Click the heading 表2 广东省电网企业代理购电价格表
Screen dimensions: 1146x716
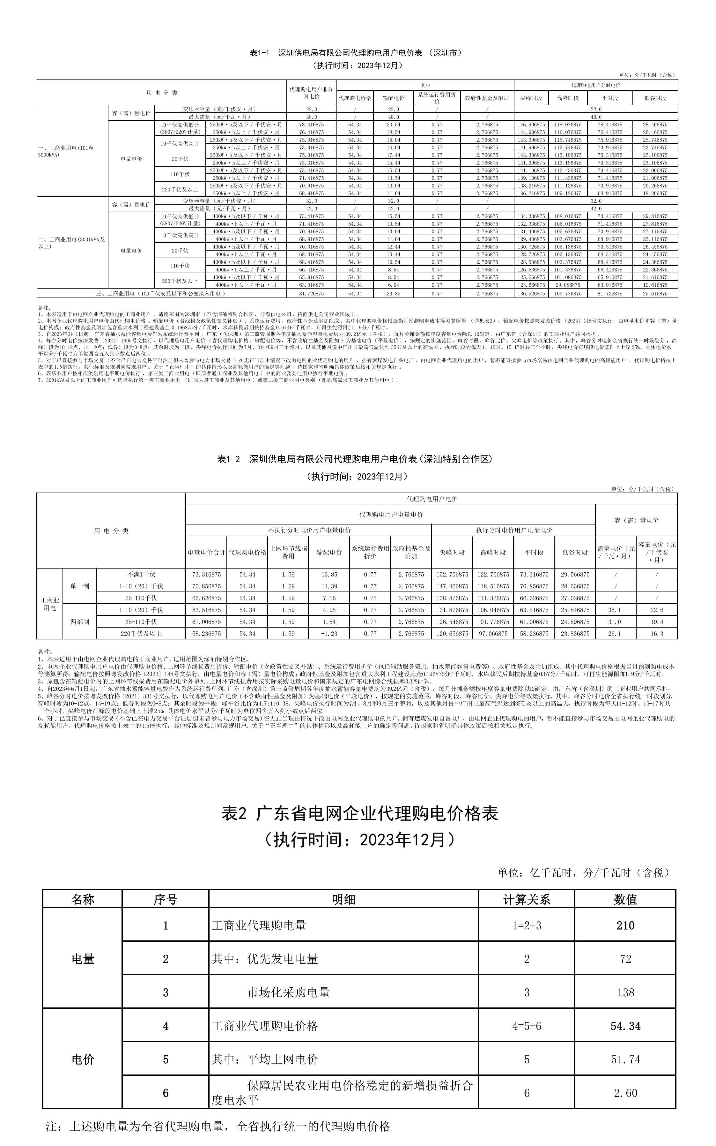click(x=359, y=814)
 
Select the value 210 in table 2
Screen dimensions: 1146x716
click(x=625, y=925)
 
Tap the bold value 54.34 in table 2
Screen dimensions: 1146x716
click(x=625, y=1026)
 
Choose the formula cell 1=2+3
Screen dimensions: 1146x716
click(x=526, y=925)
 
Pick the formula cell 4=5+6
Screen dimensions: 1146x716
click(x=526, y=1026)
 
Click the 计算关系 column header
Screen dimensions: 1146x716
click(x=526, y=899)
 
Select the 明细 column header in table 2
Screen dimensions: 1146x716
click(x=343, y=899)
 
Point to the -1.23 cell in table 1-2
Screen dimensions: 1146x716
click(x=329, y=634)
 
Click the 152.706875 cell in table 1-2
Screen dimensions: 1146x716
click(x=452, y=574)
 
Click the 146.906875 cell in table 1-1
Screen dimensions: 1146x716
click(x=531, y=124)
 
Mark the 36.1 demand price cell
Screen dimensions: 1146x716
click(x=615, y=610)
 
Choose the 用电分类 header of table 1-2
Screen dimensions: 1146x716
click(x=111, y=531)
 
